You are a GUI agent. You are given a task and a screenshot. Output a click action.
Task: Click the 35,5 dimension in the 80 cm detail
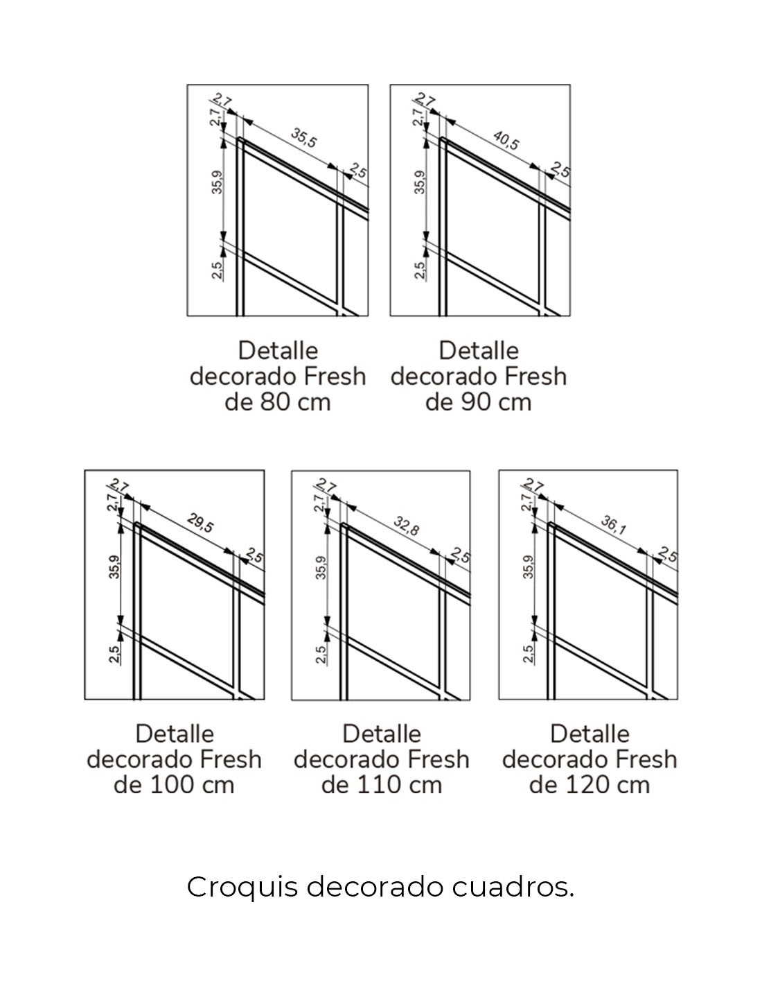[x=303, y=138]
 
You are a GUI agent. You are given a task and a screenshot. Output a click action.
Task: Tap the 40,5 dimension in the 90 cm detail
[x=506, y=140]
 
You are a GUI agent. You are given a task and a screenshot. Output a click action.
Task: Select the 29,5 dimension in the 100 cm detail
[x=200, y=524]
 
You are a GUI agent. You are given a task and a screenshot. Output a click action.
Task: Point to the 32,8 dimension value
[x=406, y=525]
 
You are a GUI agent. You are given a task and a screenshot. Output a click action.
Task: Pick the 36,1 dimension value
[x=613, y=525]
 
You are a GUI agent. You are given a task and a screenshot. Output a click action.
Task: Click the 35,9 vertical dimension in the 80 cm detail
[x=218, y=182]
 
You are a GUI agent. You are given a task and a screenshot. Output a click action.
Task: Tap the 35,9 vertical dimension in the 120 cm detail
[x=528, y=566]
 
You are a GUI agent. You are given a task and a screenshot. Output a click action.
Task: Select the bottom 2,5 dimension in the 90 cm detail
[x=420, y=270]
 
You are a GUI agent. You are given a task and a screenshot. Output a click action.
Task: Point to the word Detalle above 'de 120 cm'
[x=590, y=734]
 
